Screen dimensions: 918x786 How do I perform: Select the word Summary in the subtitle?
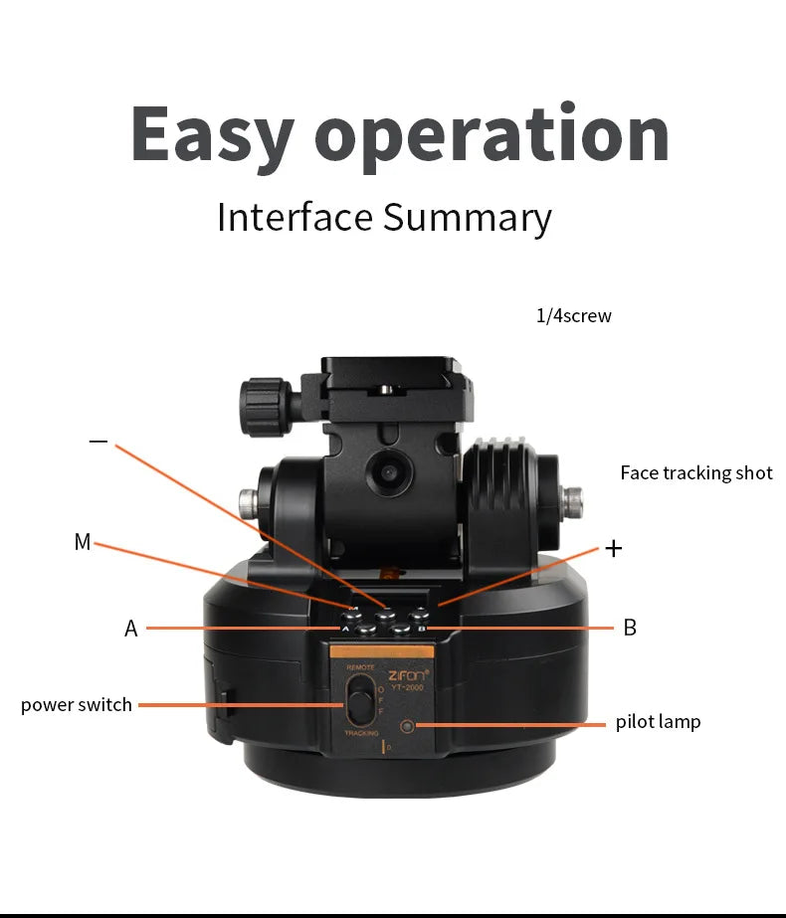[x=468, y=217]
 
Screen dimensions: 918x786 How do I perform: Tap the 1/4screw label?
[x=574, y=316]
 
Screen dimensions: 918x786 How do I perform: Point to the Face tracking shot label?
[x=695, y=472]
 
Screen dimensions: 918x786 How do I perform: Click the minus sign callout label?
[x=98, y=441]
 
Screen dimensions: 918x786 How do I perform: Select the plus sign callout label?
[x=614, y=548]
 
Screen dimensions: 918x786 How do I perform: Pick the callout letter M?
[x=82, y=542]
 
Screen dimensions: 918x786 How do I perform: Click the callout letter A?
[x=130, y=629]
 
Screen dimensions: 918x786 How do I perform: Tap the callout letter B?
[x=629, y=628]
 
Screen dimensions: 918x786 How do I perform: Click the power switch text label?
[x=77, y=704]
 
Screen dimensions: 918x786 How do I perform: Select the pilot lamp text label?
[x=658, y=722]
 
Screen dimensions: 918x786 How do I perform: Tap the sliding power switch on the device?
[x=360, y=701]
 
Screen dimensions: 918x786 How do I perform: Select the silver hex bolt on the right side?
[x=573, y=494]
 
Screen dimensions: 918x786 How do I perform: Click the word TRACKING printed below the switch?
[x=361, y=733]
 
